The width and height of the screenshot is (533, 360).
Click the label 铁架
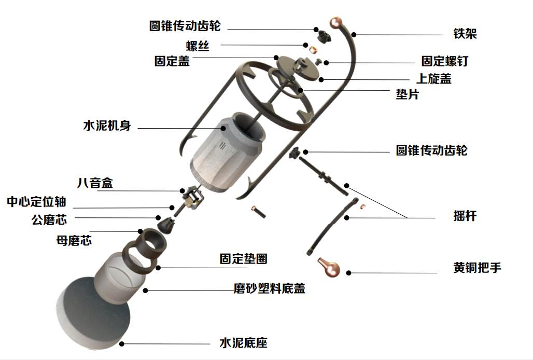[x=465, y=34]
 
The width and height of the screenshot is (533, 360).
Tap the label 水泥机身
[x=107, y=126]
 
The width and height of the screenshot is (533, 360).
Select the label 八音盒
[x=94, y=183]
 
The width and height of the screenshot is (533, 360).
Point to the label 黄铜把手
[x=477, y=268]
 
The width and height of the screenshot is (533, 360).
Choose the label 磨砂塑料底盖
[x=269, y=288]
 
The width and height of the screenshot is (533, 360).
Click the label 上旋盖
[x=434, y=79]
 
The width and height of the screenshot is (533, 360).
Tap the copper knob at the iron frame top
[x=336, y=22]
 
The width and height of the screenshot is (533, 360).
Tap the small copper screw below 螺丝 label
[x=313, y=49]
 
